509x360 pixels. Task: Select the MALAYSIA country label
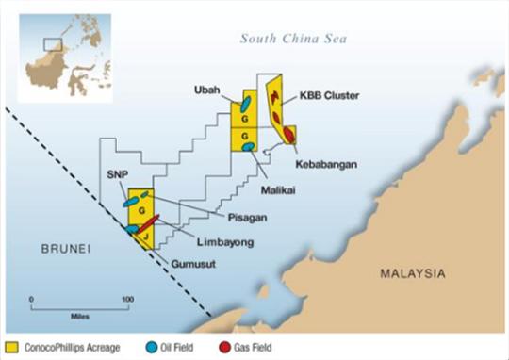coord(412,274)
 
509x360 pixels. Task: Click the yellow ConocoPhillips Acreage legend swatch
coord(14,346)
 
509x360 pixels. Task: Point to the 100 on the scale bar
coord(125,299)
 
